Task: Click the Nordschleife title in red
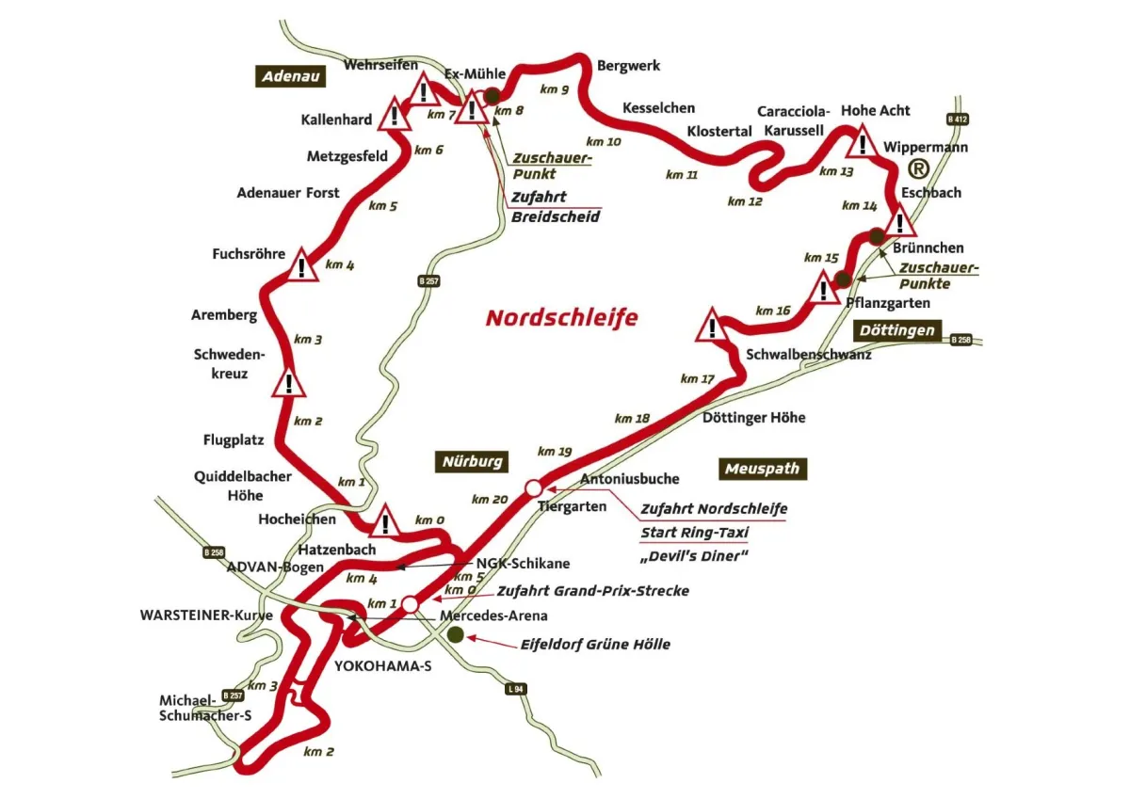[x=561, y=318]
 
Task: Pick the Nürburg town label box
[x=473, y=461]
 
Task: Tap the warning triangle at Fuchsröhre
[x=301, y=266]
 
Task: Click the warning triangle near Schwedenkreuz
[x=288, y=384]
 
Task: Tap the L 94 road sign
[x=515, y=689]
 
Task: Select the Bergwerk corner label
[x=628, y=66]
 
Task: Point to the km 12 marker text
[x=745, y=200]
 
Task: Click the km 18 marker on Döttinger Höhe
[x=632, y=418]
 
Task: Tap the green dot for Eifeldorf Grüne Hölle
[x=456, y=635]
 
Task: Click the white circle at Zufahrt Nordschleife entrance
[x=533, y=487]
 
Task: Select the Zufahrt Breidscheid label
[x=554, y=207]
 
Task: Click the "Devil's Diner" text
[x=693, y=556]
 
